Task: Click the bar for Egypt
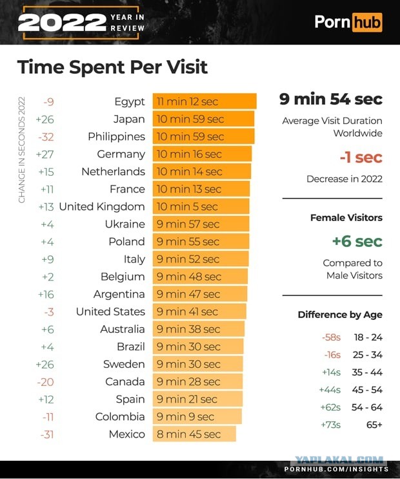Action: point(205,101)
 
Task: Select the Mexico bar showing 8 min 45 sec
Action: point(194,434)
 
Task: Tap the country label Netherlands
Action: point(113,171)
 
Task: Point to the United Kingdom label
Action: point(102,206)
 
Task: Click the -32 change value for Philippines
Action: point(46,136)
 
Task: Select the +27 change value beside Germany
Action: point(45,154)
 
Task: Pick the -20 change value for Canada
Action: point(45,382)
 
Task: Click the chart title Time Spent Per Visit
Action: point(112,67)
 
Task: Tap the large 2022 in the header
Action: point(62,23)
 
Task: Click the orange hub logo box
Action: point(367,22)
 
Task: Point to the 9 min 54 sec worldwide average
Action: point(331,100)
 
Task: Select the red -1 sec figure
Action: point(361,157)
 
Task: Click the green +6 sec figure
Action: point(357,241)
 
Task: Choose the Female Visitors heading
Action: point(346,217)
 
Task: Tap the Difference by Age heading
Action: point(340,315)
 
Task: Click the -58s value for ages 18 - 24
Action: point(331,337)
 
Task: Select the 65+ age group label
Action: point(374,425)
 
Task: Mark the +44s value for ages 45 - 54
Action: point(330,390)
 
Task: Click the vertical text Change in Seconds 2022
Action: point(21,150)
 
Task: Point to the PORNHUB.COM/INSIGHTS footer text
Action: point(336,469)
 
